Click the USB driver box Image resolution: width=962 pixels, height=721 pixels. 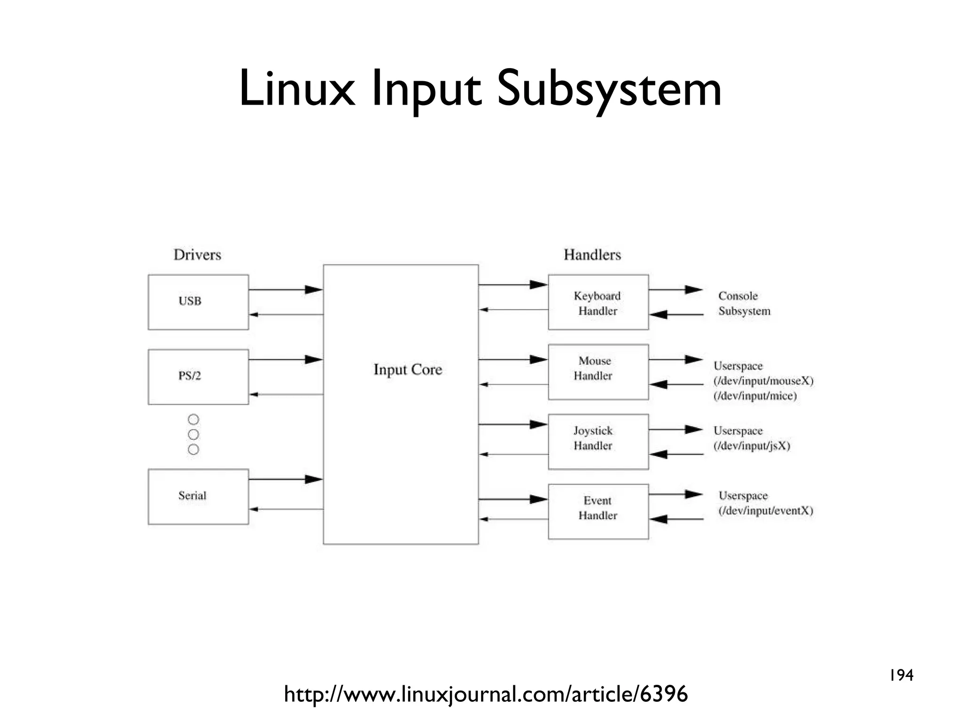click(x=198, y=302)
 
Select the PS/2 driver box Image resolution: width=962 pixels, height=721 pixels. click(x=198, y=376)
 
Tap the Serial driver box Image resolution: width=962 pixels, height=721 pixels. click(x=198, y=496)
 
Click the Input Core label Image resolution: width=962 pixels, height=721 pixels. click(x=408, y=369)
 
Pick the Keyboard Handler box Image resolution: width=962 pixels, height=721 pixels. click(x=598, y=302)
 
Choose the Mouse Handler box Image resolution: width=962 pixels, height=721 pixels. click(x=598, y=372)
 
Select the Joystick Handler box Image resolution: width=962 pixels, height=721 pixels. click(x=598, y=441)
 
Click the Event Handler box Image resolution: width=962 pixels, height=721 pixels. click(x=598, y=511)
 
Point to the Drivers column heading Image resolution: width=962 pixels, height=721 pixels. click(x=197, y=255)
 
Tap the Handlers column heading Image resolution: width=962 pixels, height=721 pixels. click(x=592, y=255)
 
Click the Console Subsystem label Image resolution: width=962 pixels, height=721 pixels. click(x=744, y=303)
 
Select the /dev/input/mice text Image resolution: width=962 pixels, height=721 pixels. click(x=755, y=396)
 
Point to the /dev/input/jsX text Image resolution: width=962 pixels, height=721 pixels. click(x=752, y=446)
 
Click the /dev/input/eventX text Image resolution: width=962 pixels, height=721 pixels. click(x=765, y=511)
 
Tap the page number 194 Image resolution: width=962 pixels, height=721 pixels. click(x=901, y=675)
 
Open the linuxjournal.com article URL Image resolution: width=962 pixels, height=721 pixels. click(x=486, y=694)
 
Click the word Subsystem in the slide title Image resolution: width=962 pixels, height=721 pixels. click(x=609, y=89)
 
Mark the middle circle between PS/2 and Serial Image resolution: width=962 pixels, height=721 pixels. click(x=193, y=434)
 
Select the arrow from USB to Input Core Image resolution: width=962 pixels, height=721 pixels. click(x=286, y=290)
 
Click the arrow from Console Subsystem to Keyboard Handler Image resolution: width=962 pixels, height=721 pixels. click(x=676, y=314)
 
